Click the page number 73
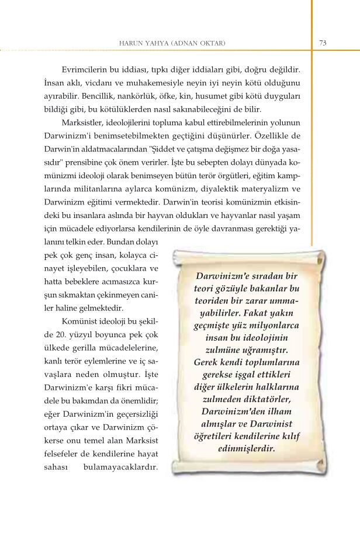(323, 43)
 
